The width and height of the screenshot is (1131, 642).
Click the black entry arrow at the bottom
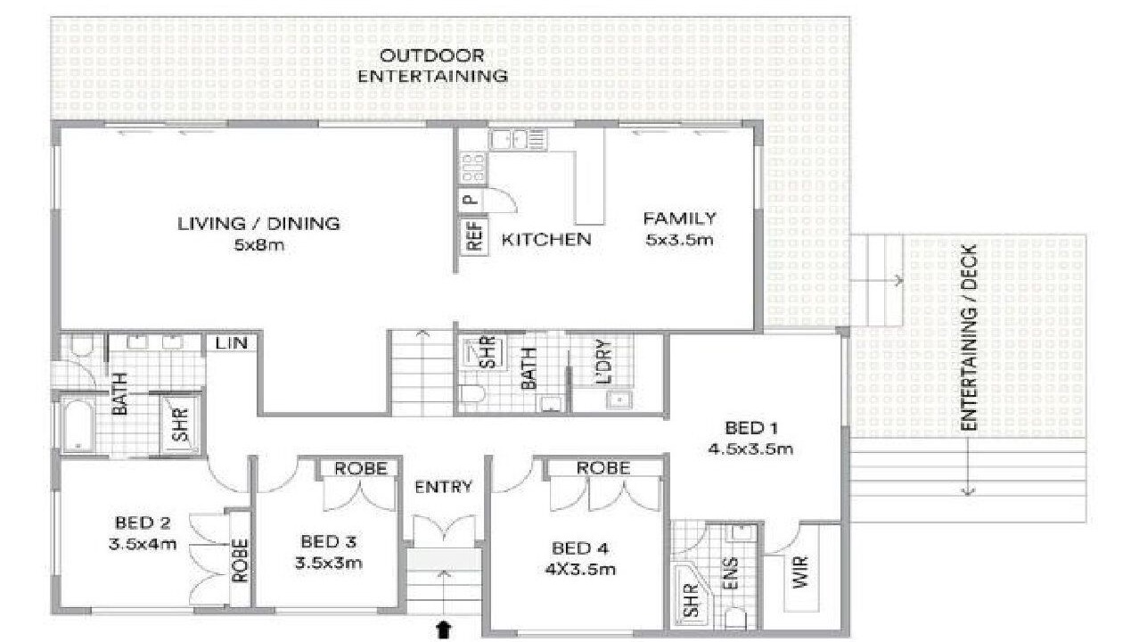(443, 630)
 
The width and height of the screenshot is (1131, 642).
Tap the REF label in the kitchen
(475, 237)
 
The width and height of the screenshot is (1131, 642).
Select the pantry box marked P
(471, 200)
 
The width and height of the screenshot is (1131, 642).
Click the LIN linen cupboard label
(231, 343)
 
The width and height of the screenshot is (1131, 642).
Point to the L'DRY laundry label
(604, 362)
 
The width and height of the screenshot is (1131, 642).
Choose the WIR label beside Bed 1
(799, 572)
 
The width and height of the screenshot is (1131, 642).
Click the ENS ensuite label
(730, 573)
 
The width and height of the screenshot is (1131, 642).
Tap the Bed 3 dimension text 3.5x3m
(329, 562)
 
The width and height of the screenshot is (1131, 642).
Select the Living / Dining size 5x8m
(259, 245)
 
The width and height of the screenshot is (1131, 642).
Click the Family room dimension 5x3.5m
(679, 240)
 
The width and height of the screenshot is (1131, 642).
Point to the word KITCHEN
(545, 240)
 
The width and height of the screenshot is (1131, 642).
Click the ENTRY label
(443, 487)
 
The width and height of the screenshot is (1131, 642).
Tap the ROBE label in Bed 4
(603, 468)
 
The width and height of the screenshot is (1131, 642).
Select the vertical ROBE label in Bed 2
(241, 561)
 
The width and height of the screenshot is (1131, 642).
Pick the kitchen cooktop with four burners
(473, 168)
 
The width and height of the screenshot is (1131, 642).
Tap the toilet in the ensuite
(734, 618)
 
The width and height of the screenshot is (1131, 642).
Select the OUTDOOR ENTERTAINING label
(431, 66)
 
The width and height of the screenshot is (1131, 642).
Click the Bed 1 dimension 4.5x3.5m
(750, 449)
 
